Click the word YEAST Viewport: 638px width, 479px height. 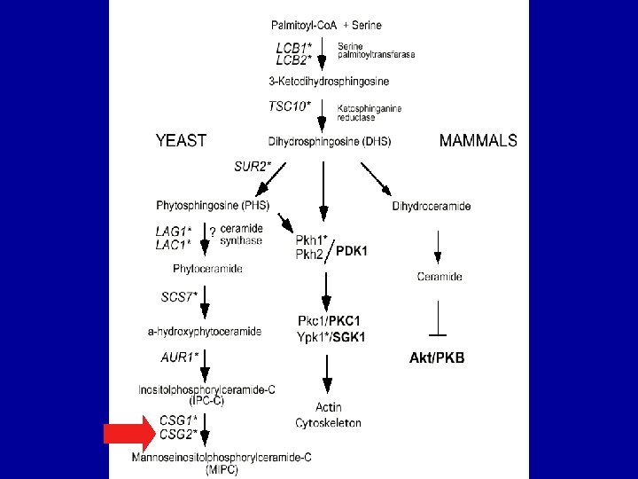click(181, 140)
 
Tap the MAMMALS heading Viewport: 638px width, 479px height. click(478, 140)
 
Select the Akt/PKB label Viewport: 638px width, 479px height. click(437, 358)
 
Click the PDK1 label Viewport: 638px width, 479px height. click(351, 251)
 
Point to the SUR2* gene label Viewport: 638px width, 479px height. click(253, 165)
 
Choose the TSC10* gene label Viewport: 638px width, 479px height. click(290, 106)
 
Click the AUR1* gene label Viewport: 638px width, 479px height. click(180, 357)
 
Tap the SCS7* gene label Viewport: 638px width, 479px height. click(179, 297)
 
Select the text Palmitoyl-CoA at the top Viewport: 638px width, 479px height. click(304, 25)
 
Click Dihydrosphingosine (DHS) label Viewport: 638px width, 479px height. click(329, 141)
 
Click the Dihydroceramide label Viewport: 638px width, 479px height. click(432, 207)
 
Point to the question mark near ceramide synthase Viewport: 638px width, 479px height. click(212, 232)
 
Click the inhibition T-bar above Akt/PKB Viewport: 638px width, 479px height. click(438, 334)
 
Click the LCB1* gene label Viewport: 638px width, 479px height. click(293, 47)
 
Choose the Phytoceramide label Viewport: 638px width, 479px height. click(207, 268)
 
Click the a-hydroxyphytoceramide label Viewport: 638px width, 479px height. click(205, 332)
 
